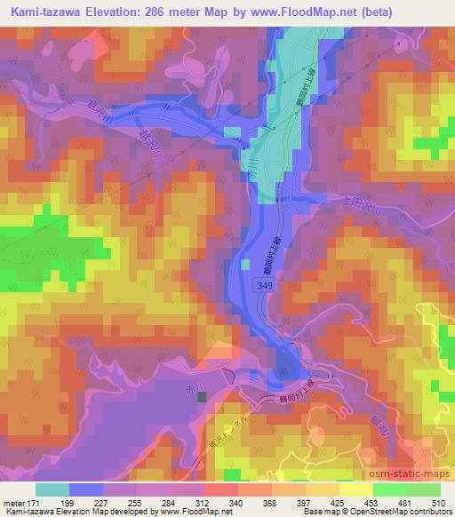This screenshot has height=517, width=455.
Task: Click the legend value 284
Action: pyautogui.click(x=163, y=502)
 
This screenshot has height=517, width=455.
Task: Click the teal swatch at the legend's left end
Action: pyautogui.click(x=52, y=489)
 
